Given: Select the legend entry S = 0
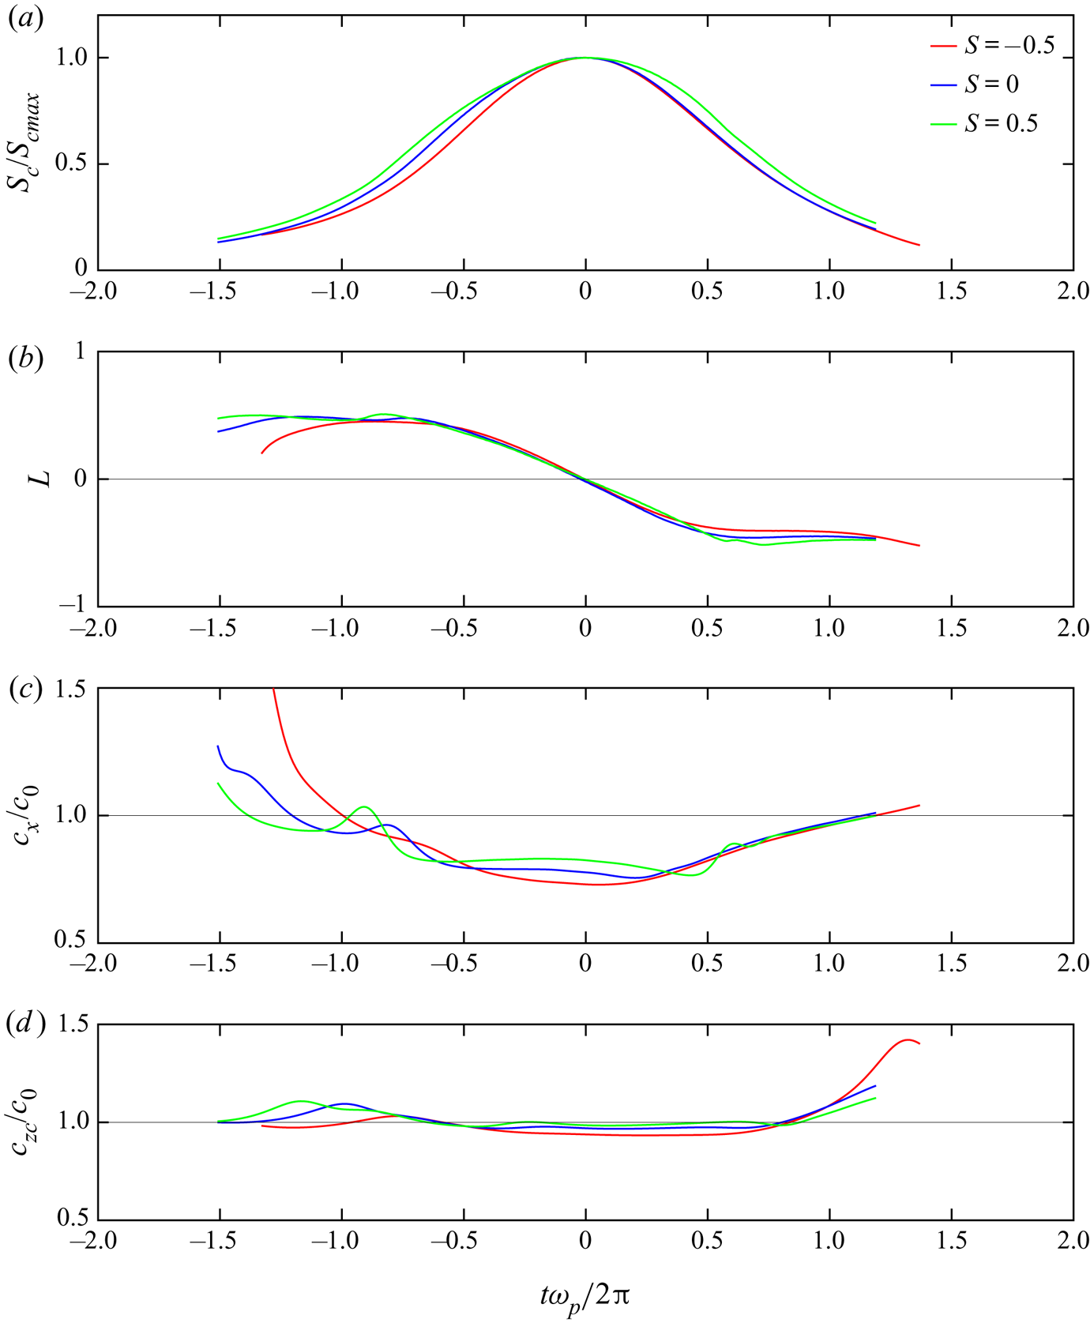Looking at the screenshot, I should click(991, 85).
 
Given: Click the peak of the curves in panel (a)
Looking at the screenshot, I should click(585, 58).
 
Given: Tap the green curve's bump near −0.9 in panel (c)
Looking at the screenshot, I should click(365, 806).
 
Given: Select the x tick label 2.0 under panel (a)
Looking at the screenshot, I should click(1073, 291).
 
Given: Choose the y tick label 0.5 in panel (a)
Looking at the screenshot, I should click(70, 164).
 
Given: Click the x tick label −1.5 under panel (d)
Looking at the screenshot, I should click(219, 1241).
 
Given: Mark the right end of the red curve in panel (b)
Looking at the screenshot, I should click(919, 546).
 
